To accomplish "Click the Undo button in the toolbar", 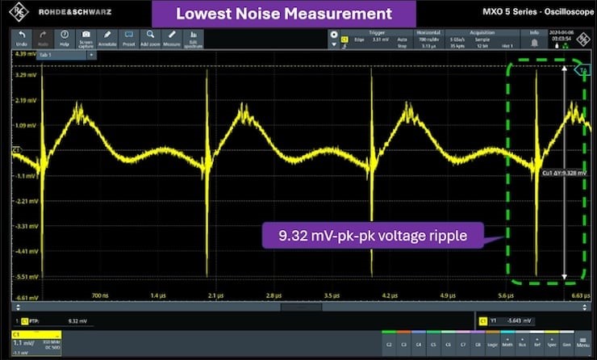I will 21,38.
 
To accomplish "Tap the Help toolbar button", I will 65,38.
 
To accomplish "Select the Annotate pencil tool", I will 108,38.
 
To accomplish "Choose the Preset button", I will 130,38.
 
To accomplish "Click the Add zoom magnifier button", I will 151,38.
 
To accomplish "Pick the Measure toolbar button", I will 172,38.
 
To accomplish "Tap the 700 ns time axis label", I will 100,295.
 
